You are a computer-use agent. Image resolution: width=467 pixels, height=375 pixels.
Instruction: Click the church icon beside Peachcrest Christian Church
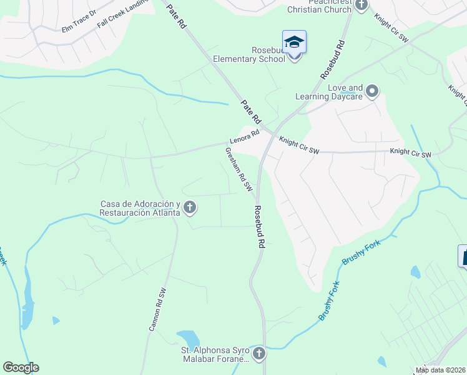point(361,5)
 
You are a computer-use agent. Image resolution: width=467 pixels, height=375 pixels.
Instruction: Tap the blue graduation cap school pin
point(294,43)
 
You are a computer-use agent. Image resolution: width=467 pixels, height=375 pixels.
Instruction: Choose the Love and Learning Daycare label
point(329,92)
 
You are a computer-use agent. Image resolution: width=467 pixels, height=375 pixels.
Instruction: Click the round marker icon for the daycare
point(372,92)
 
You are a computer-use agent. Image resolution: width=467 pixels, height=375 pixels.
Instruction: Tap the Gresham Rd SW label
point(238,169)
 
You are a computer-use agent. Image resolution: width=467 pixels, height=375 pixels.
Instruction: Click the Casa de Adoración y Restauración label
point(140,208)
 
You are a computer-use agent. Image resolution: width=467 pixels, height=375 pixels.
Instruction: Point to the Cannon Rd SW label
point(157,309)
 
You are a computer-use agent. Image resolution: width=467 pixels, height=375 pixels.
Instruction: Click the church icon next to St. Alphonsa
point(258,354)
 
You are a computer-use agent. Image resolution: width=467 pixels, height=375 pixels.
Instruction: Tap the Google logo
point(21,367)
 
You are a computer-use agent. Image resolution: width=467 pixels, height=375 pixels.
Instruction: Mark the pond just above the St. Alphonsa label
point(188,338)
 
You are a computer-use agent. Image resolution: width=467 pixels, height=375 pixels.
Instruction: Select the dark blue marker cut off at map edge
point(463,256)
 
